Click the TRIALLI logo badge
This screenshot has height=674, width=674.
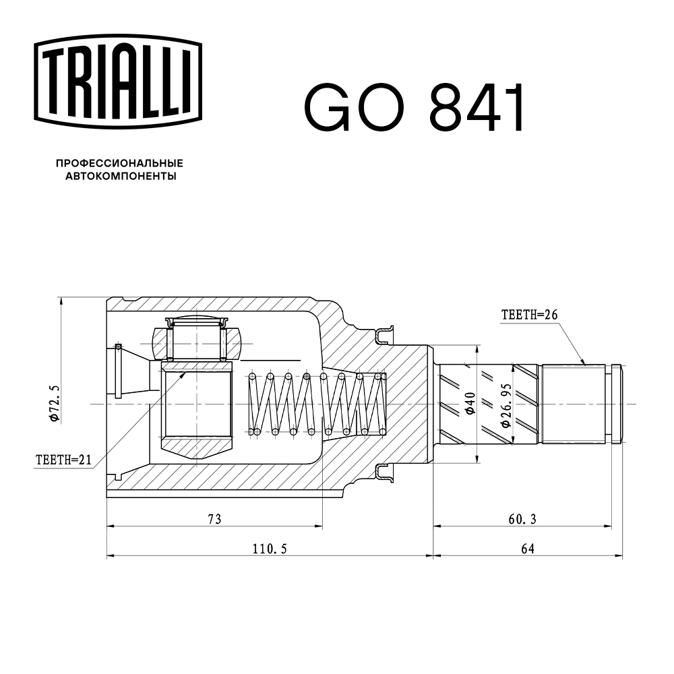coord(118,82)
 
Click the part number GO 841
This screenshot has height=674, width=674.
coord(415,107)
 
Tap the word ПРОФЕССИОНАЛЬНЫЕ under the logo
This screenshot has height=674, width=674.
coord(119,163)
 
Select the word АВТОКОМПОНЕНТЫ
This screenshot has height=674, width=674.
coord(121,176)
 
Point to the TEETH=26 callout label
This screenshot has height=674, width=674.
coord(529,315)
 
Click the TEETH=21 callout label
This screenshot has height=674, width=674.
coord(63,460)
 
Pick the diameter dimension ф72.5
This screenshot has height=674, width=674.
coord(54,403)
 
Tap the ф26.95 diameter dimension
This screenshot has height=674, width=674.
coord(506,405)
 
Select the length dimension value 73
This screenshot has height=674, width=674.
coord(214,519)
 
